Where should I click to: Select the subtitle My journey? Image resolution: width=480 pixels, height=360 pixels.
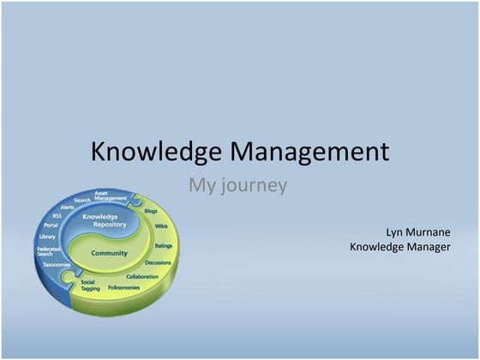tap(237, 184)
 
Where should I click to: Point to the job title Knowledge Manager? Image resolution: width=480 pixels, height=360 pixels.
tap(399, 247)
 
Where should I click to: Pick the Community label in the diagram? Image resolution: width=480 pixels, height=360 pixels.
tap(109, 253)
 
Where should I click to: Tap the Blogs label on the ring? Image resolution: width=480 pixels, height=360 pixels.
tap(151, 210)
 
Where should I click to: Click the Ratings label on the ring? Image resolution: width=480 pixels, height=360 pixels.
tap(164, 245)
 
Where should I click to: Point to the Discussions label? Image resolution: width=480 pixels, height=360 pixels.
tap(158, 262)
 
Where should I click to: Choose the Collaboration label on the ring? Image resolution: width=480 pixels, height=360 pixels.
tap(142, 277)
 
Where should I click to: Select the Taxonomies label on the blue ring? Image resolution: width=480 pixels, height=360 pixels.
tap(57, 265)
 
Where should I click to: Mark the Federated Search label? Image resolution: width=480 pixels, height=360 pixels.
tap(48, 251)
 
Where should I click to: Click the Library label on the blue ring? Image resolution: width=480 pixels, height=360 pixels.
tap(47, 237)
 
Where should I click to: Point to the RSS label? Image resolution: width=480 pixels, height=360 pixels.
tap(57, 216)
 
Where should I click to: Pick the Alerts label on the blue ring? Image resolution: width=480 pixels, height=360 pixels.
tap(67, 207)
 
